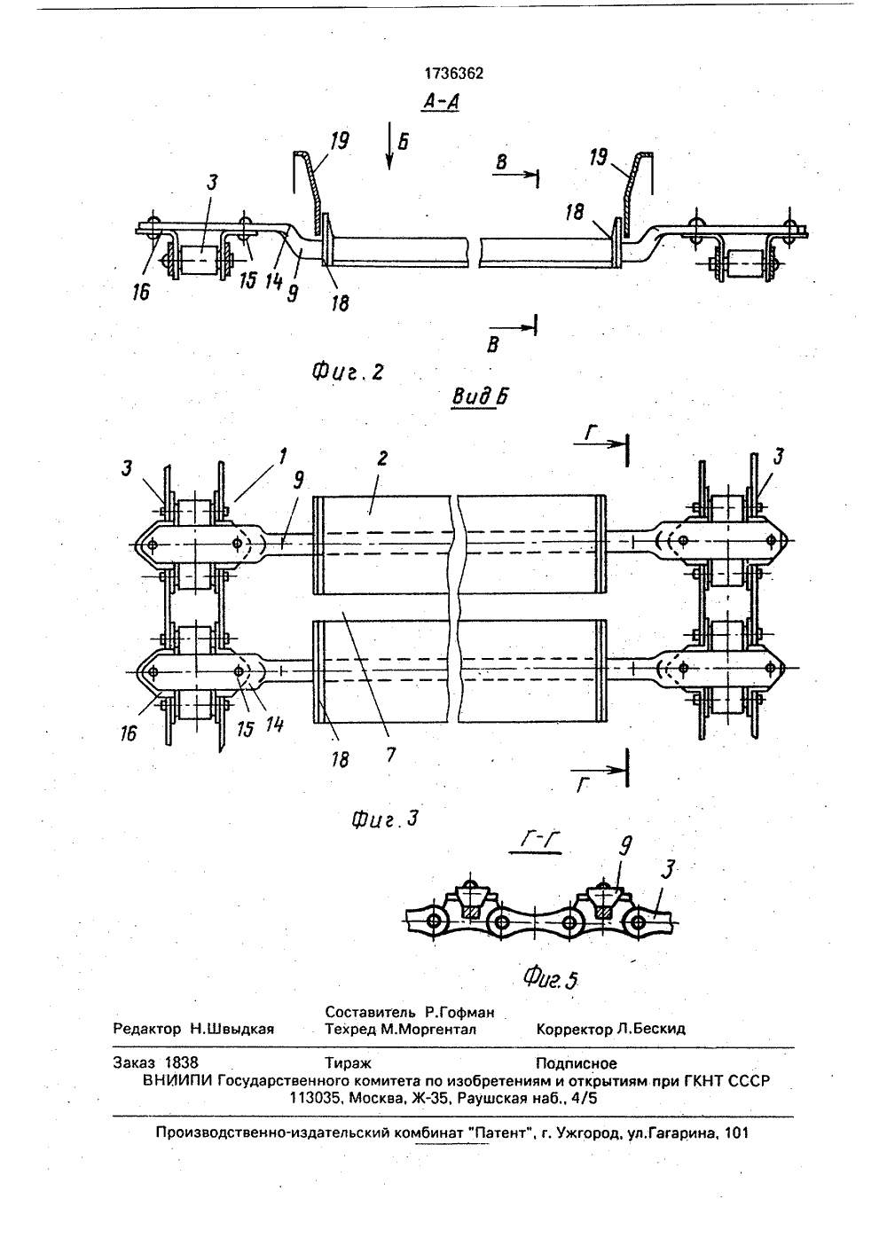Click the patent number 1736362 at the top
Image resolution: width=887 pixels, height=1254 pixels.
454,74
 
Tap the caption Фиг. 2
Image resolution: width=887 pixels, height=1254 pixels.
348,372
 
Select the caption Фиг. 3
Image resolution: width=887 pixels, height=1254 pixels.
385,820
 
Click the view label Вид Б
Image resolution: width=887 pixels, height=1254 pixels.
480,397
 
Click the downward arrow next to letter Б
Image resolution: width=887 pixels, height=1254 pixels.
389,151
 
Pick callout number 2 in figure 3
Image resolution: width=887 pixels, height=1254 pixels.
382,459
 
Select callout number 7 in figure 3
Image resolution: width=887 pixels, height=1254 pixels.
390,755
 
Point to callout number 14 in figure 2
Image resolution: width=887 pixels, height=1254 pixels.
274,280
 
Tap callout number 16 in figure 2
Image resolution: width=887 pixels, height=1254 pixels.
141,292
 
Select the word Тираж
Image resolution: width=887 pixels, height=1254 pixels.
348,1063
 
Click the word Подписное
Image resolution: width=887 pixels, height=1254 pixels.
577,1063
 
